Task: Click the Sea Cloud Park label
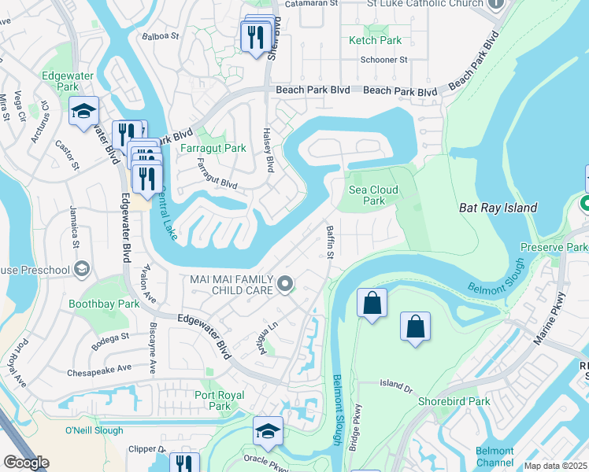tap(373, 195)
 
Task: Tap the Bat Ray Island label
tap(498, 208)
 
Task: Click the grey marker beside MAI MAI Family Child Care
tap(285, 283)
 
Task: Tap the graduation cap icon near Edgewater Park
tap(83, 112)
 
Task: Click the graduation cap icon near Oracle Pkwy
tap(269, 431)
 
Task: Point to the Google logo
tap(26, 463)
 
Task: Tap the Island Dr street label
tap(396, 385)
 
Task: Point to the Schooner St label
tap(383, 60)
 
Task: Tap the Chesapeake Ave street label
tap(99, 368)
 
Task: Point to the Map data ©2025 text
tap(556, 466)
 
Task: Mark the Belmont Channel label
tap(495, 456)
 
